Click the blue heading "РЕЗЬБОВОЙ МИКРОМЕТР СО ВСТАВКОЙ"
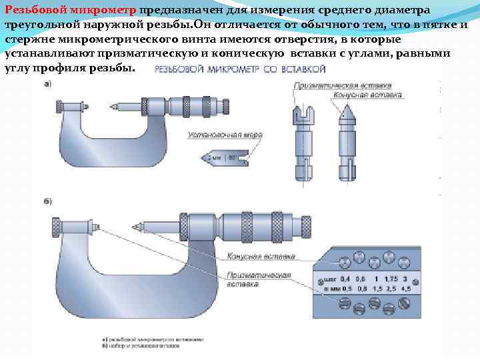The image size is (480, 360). (240, 69)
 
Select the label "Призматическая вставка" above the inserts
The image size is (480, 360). (342, 85)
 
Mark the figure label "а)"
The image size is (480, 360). (48, 83)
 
